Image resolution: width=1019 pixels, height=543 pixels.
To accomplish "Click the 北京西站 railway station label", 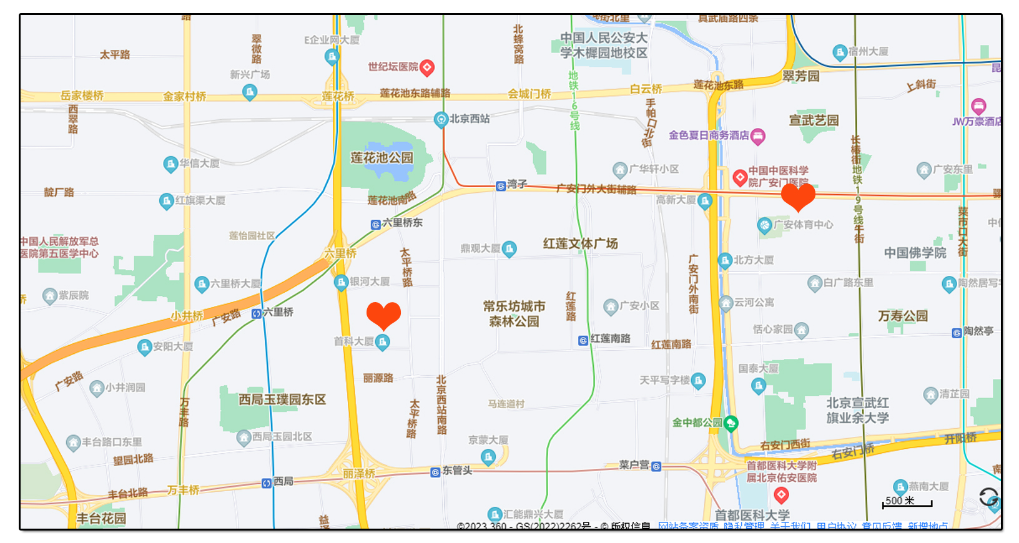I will [x=470, y=119].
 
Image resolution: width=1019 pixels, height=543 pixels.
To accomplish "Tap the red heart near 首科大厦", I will [x=383, y=315].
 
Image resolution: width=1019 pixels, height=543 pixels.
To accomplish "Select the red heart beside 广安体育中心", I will [x=798, y=196].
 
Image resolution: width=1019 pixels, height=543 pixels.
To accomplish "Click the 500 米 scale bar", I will [x=907, y=502].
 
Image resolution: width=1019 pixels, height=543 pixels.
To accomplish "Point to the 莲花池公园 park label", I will [x=382, y=158].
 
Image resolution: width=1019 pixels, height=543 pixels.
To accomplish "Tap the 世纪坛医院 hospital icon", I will [x=427, y=67].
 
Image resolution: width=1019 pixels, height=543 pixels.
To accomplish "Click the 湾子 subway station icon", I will [x=501, y=186].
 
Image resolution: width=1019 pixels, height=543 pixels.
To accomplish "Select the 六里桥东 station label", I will [x=402, y=223].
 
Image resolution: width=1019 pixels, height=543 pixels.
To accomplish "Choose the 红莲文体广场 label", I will [x=580, y=243].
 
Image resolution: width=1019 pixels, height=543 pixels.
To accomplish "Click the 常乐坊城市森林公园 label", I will [x=514, y=314].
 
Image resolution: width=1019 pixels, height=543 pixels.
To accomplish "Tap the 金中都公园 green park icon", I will [x=730, y=423].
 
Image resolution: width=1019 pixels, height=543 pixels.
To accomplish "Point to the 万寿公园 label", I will [x=903, y=316].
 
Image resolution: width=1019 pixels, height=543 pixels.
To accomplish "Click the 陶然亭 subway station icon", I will [x=957, y=333].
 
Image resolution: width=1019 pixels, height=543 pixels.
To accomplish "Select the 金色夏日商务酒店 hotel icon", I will [x=758, y=136].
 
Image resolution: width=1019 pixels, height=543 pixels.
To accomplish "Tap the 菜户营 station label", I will [x=634, y=465].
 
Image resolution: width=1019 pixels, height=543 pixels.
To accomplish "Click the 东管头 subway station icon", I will [x=435, y=472].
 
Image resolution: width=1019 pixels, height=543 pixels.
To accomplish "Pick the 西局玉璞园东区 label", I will [x=282, y=399].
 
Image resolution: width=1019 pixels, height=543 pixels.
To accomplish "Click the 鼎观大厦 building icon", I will [x=509, y=249].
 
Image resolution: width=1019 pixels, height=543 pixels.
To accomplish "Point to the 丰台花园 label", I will [x=101, y=519].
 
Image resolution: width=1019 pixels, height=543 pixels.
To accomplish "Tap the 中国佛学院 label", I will [x=915, y=253].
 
